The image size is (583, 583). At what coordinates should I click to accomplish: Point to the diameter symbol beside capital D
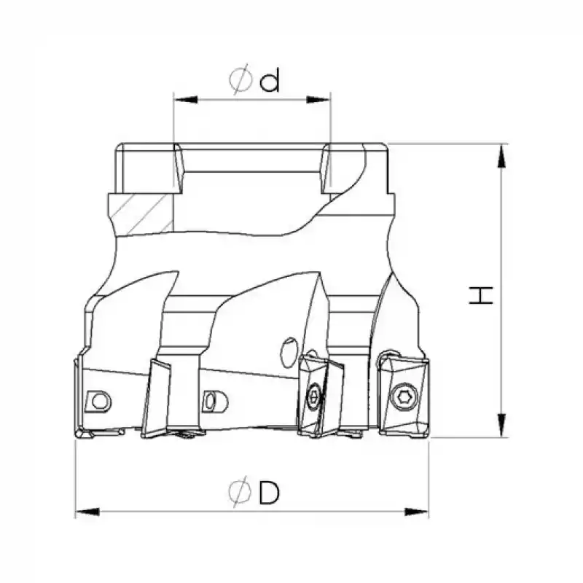[x=239, y=493]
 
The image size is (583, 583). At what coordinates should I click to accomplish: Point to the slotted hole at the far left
[x=98, y=399]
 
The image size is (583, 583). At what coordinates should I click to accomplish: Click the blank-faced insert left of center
[x=165, y=397]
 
